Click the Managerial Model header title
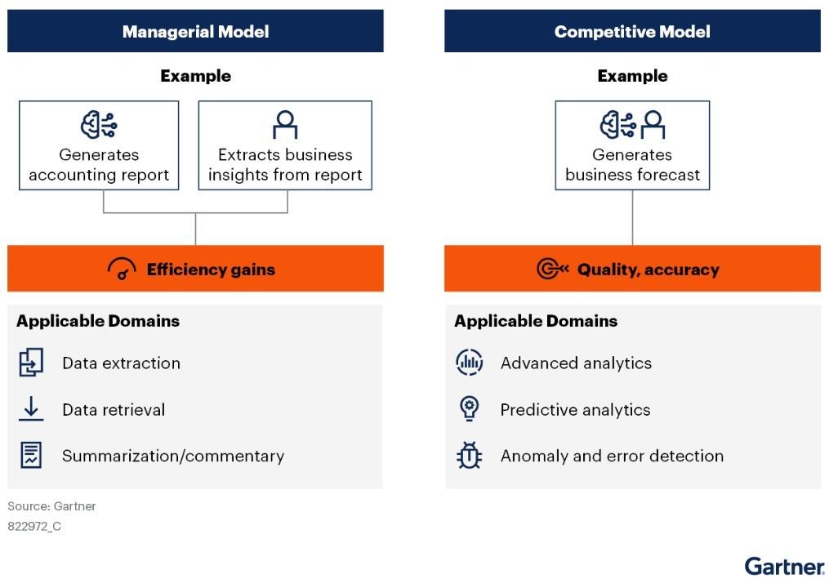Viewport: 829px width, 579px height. (196, 32)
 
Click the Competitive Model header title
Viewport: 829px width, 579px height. (632, 32)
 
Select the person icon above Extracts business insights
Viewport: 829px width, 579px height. (285, 125)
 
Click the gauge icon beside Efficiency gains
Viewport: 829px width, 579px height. (122, 268)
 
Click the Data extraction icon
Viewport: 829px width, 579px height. (31, 363)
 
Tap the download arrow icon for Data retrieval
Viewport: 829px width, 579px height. (31, 409)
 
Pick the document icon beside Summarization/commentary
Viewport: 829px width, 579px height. (31, 455)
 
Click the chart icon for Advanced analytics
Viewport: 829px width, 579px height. (470, 363)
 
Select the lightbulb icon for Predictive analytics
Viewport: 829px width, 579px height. (470, 409)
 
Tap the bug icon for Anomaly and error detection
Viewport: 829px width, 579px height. (470, 455)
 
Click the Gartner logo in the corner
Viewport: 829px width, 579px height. (785, 566)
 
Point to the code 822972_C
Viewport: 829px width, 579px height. (34, 527)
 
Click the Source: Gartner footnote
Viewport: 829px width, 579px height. (51, 506)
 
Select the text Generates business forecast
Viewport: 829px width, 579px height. (632, 164)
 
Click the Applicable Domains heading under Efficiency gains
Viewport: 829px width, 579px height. (98, 321)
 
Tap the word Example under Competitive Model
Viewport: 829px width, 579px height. (632, 76)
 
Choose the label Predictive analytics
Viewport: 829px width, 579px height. (575, 410)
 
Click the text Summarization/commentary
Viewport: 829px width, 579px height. (173, 456)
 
